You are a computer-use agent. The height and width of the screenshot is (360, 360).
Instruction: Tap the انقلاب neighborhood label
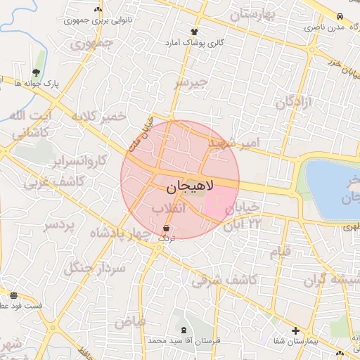tap(168, 209)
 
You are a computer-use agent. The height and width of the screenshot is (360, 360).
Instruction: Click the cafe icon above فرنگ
tap(166, 229)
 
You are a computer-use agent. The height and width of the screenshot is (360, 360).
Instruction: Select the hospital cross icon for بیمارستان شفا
tap(295, 330)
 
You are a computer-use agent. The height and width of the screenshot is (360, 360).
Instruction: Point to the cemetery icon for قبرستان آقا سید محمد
tap(184, 330)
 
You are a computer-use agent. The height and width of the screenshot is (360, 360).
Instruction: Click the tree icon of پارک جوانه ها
tap(36, 72)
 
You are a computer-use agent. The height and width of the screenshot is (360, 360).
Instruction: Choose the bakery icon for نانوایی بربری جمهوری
tap(98, 10)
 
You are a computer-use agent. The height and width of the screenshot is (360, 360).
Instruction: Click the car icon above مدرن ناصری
tap(340, 16)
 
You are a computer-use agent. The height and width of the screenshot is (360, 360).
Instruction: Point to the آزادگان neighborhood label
tap(294, 102)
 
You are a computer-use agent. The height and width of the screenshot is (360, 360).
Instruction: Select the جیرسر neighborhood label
tap(192, 83)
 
